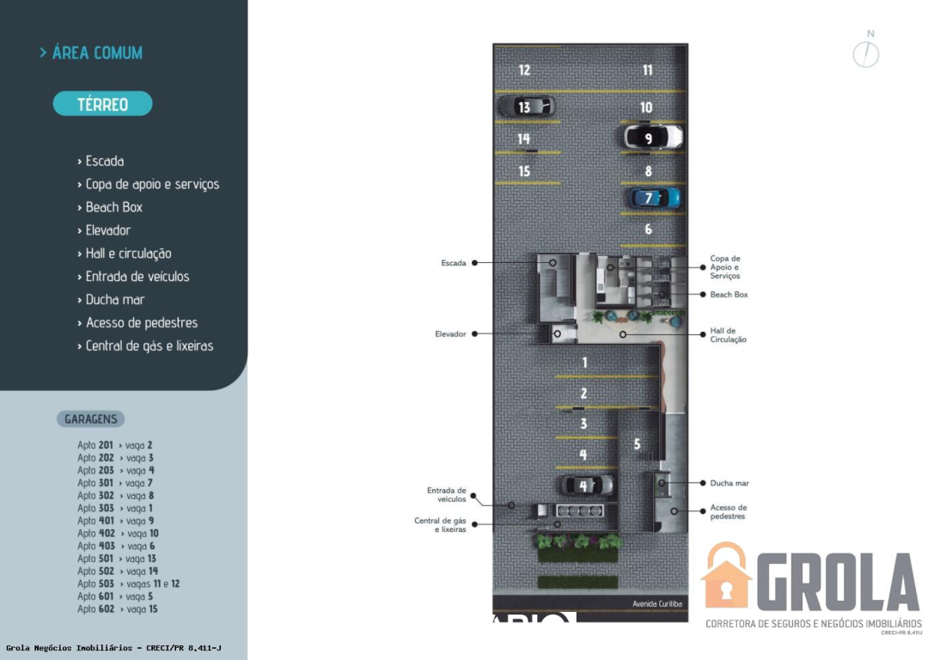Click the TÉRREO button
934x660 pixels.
[102, 104]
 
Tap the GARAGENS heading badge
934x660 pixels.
[90, 419]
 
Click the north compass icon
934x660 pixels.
[866, 54]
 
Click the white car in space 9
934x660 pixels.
[652, 137]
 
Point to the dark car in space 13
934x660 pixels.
[527, 107]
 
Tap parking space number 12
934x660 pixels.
[524, 70]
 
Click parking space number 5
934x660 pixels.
[637, 444]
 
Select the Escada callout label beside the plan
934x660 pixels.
[453, 263]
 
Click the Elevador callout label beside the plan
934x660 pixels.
[450, 333]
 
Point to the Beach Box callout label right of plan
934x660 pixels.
[729, 295]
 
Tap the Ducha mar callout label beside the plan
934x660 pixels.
[729, 483]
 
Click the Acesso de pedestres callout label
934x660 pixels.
[728, 512]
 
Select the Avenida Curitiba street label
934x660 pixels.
[656, 604]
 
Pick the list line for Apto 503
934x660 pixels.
[128, 584]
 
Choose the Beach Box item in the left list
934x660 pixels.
[113, 207]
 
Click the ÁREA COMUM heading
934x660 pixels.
[96, 53]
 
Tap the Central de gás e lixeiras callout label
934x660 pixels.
[440, 525]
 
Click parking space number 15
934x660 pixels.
[524, 172]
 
